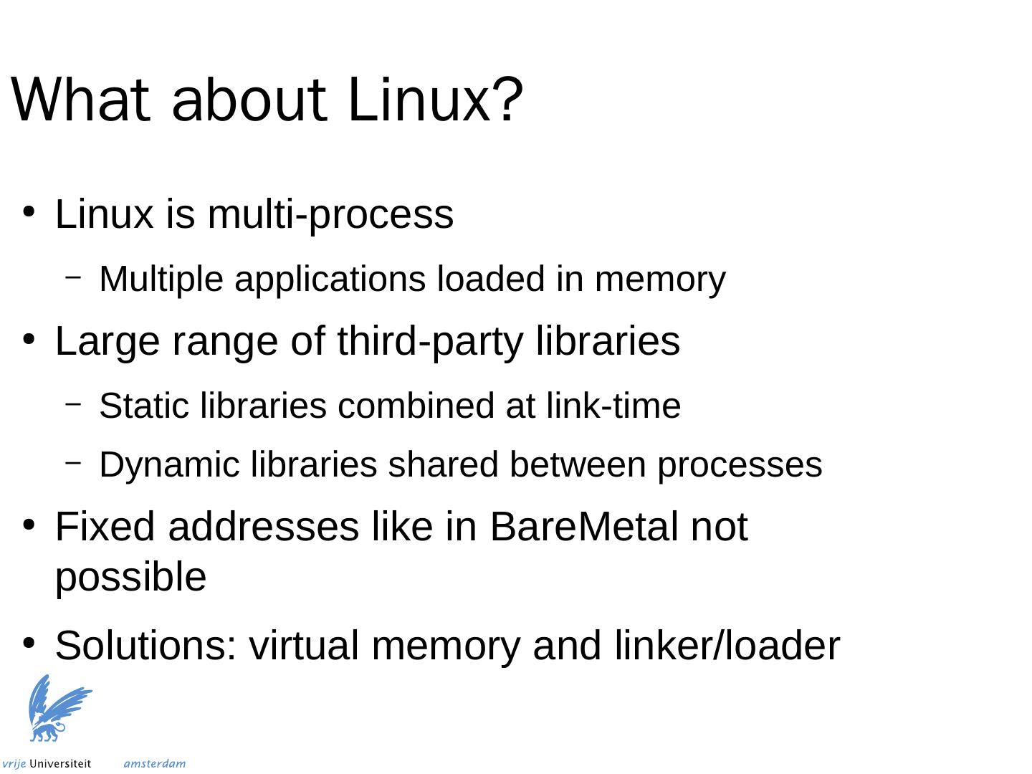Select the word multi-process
(330, 214)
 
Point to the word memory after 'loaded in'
(659, 279)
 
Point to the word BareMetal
(584, 527)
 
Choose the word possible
(130, 578)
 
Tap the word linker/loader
(727, 646)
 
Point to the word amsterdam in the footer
(154, 764)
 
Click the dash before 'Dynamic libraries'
(73, 464)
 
